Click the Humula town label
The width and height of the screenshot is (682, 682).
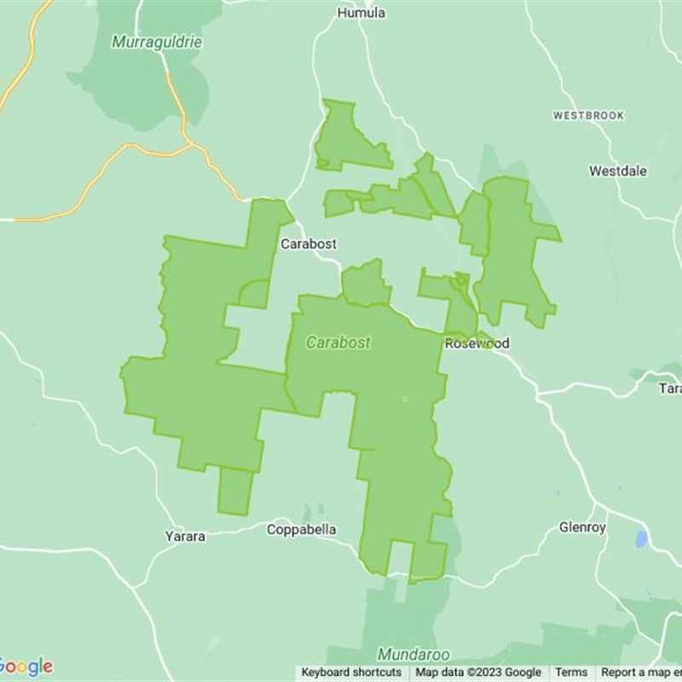(361, 13)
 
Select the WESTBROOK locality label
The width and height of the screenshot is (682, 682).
(588, 115)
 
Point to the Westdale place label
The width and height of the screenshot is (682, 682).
(618, 171)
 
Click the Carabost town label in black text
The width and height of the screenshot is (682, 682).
(309, 244)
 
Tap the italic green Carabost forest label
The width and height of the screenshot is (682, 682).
(338, 343)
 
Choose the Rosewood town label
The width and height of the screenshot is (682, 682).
(477, 344)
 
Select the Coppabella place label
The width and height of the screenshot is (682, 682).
(301, 529)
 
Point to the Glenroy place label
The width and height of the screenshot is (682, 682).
(582, 528)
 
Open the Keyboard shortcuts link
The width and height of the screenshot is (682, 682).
(351, 673)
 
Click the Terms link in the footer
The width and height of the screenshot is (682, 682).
(571, 673)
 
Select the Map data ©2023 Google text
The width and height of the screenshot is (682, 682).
(478, 673)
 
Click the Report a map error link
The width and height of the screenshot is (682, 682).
(640, 673)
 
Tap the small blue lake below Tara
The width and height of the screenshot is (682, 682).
(641, 539)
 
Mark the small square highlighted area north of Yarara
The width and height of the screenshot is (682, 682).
(234, 491)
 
